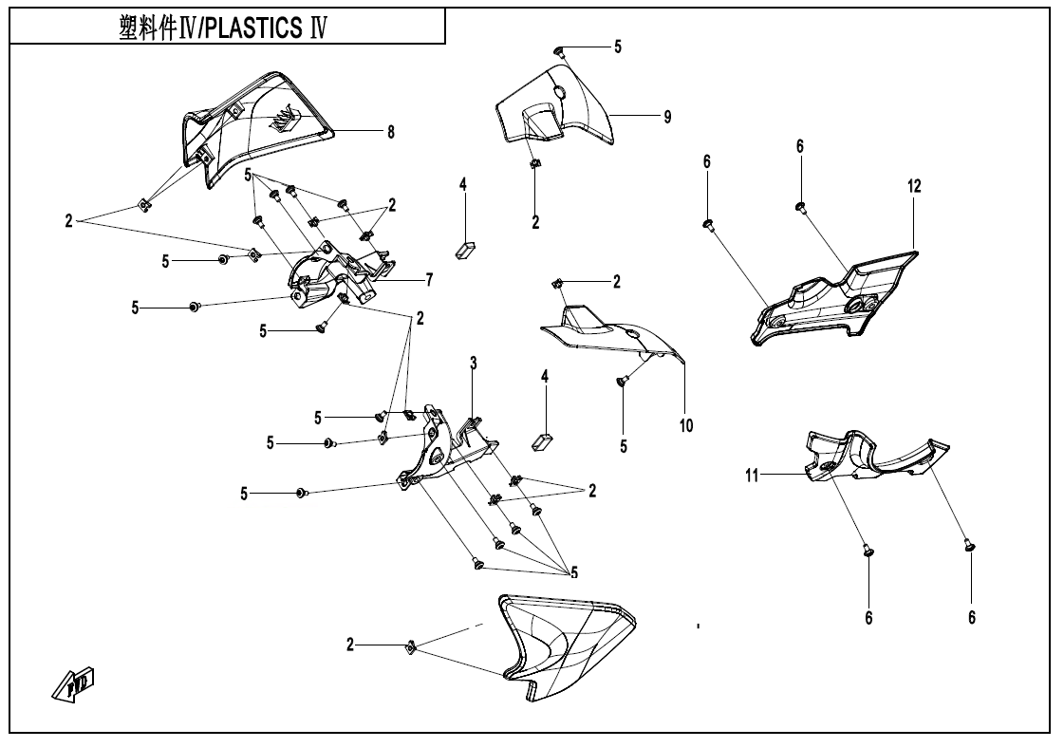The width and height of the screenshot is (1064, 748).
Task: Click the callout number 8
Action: [x=390, y=131]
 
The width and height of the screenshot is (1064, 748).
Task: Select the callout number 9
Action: [x=667, y=116]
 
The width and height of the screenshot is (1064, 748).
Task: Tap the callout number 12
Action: [x=913, y=186]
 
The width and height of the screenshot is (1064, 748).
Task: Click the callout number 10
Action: [x=685, y=425]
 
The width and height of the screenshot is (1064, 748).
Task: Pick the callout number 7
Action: [x=429, y=280]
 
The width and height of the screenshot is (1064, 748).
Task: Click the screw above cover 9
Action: [x=561, y=51]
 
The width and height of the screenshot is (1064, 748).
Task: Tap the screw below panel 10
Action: [x=622, y=382]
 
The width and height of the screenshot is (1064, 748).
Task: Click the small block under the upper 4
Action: [x=466, y=249]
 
